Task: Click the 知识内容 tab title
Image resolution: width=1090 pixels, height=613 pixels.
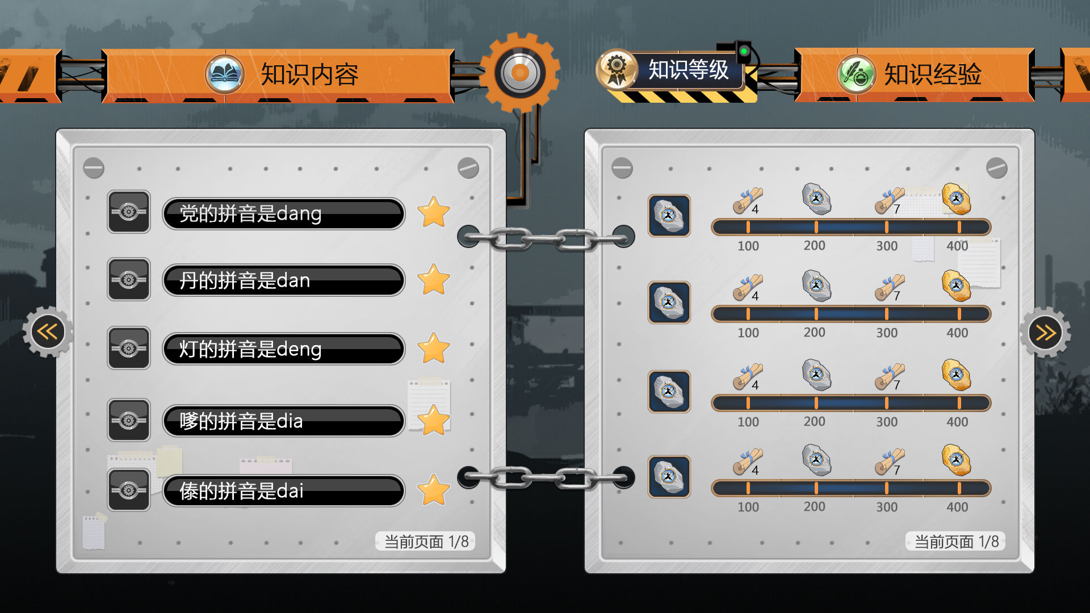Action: click(x=309, y=74)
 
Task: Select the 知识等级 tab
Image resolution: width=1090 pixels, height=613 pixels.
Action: click(x=688, y=70)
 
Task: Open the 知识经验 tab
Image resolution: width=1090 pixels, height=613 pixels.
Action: click(x=933, y=74)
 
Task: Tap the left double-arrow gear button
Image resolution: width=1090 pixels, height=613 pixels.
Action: click(x=48, y=331)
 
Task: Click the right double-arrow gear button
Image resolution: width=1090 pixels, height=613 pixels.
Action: click(x=1045, y=332)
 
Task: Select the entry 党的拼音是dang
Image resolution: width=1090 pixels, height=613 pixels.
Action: click(x=284, y=213)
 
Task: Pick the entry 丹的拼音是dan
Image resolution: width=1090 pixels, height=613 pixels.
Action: click(x=284, y=280)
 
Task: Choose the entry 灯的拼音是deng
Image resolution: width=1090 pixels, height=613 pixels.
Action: click(x=284, y=349)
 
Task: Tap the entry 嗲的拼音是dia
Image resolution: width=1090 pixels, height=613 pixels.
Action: click(x=284, y=421)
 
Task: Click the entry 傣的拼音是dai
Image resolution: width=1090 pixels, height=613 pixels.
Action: click(x=284, y=490)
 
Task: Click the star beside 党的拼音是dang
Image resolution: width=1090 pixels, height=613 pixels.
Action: click(x=434, y=212)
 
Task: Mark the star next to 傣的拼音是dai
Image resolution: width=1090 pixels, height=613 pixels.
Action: click(x=434, y=490)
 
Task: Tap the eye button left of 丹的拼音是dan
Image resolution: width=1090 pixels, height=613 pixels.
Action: click(x=129, y=280)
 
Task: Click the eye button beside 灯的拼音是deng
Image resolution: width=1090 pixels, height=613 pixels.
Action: click(x=129, y=348)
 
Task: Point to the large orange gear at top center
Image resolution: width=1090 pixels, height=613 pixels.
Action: click(x=519, y=73)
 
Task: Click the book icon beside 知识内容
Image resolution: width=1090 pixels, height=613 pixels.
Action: click(x=225, y=74)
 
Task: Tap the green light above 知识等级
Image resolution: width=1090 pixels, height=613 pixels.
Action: click(x=743, y=52)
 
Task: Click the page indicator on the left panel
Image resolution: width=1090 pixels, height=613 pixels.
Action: click(x=426, y=541)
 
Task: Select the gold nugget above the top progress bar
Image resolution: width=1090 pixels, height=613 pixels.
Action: click(x=957, y=199)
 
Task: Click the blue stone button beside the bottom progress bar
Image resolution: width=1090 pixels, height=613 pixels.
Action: click(x=669, y=477)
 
